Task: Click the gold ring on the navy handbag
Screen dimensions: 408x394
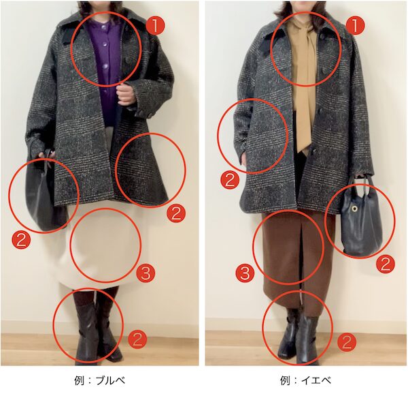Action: pos(354,209)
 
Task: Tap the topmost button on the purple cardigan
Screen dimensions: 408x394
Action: pos(103,27)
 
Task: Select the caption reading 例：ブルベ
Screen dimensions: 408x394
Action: pos(100,380)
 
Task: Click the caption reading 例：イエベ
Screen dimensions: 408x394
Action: pos(306,380)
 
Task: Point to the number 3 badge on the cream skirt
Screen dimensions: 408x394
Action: pos(146,273)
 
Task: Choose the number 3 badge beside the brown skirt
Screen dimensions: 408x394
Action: pos(245,273)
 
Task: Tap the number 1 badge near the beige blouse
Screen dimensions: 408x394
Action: pos(356,25)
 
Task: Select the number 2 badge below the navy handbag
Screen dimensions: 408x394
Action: pos(385,264)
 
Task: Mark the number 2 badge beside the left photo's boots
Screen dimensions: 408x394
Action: pos(137,339)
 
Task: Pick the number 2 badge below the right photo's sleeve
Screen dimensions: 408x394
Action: pos(230,181)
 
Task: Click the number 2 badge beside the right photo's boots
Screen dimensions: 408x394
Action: pos(347,342)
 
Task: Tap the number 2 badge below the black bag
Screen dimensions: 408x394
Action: pos(21,240)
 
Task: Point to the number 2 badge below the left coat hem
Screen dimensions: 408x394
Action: pos(176,213)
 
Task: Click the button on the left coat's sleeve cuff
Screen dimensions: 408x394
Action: pos(150,115)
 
